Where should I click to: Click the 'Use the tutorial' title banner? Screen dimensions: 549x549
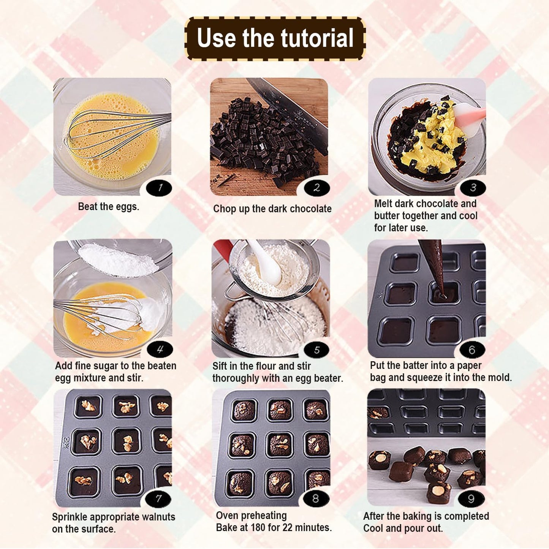275,38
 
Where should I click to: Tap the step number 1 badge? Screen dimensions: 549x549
159,188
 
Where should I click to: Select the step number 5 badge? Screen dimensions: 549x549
316,350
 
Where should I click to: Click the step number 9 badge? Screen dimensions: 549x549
471,498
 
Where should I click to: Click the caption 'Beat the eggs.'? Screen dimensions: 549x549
109,207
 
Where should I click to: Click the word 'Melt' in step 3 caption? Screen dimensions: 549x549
383,204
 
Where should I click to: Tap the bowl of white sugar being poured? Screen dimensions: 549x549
118,258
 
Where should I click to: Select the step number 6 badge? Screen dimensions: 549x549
472,350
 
